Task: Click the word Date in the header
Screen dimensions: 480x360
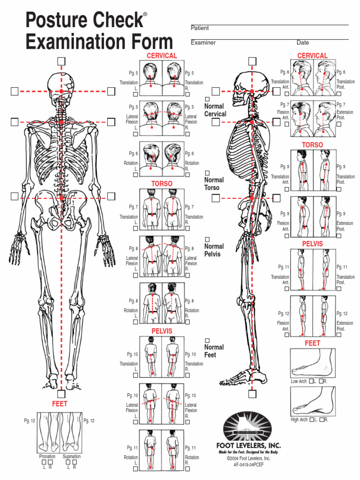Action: click(303, 43)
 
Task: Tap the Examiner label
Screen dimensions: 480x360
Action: click(203, 43)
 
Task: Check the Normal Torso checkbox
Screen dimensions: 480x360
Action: click(207, 173)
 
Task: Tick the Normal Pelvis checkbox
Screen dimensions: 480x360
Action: click(207, 240)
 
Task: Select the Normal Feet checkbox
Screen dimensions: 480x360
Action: click(207, 340)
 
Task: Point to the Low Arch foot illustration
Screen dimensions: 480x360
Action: click(312, 363)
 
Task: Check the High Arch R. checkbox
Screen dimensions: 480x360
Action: click(322, 420)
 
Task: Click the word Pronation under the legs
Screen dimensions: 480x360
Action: click(47, 456)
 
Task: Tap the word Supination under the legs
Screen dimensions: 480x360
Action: click(71, 456)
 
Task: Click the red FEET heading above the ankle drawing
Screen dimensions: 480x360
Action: click(60, 404)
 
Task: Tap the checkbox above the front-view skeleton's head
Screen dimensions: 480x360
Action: click(61, 61)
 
